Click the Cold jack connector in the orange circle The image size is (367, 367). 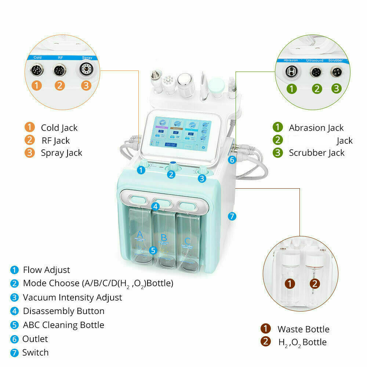tap(37, 70)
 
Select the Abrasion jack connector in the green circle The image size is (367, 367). tap(291, 72)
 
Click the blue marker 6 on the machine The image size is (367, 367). tap(232, 160)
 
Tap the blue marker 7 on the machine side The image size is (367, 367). tap(232, 216)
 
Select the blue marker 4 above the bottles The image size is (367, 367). tap(156, 206)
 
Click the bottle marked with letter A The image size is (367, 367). tap(139, 242)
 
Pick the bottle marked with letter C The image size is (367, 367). tap(188, 242)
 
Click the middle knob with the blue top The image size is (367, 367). tap(173, 166)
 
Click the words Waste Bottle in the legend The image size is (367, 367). tap(303, 329)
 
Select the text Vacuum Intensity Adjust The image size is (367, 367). tap(72, 297)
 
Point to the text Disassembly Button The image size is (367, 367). tap(63, 311)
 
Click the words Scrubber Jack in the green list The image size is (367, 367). tap(317, 153)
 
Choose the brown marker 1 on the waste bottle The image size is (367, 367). tap(290, 284)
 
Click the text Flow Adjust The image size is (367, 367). tap(46, 270)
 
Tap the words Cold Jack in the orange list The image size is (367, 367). tap(59, 128)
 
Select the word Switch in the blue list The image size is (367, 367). tap(35, 353)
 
